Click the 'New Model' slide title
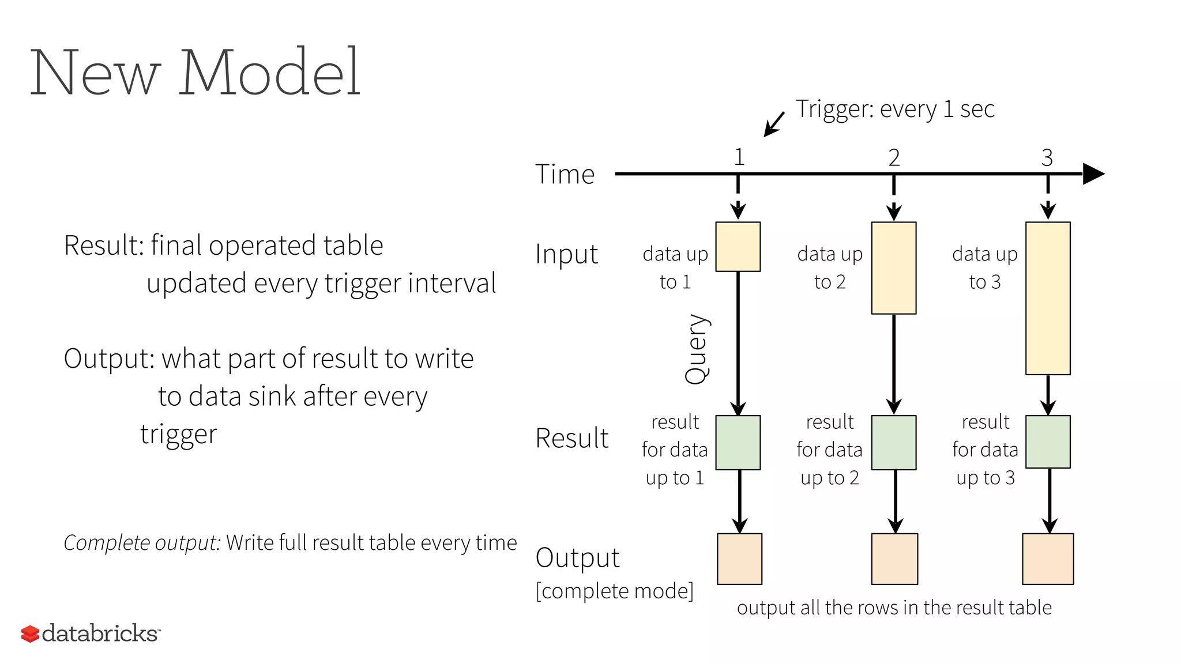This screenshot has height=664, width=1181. [195, 73]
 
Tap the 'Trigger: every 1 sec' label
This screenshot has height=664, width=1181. [895, 109]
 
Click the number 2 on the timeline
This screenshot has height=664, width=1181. [894, 157]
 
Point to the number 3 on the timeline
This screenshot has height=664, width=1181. [1047, 157]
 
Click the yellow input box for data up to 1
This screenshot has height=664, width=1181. [738, 247]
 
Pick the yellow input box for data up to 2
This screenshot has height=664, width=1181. [893, 268]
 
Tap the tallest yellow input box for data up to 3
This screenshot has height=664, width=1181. [1048, 298]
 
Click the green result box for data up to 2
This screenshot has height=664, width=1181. [893, 442]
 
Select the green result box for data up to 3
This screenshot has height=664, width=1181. [1048, 442]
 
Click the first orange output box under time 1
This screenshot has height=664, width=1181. [739, 559]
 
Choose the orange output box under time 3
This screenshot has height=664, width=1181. [1048, 559]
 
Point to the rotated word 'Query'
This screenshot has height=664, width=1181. [697, 349]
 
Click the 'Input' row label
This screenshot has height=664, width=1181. [566, 254]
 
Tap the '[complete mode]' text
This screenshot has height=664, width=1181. [614, 591]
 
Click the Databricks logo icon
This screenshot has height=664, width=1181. [30, 633]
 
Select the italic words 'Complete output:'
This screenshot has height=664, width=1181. [142, 543]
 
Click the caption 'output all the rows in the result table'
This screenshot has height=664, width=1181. [894, 608]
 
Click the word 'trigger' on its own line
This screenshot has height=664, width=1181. [179, 435]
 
